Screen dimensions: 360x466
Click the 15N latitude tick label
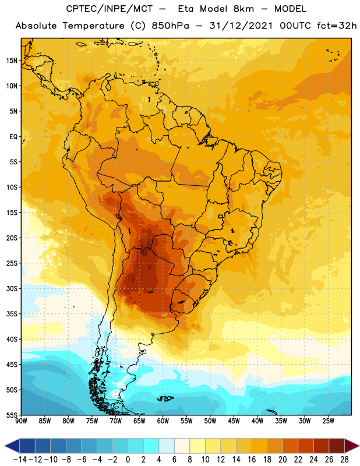pos(12,61)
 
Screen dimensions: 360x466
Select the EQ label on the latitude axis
pos(13,137)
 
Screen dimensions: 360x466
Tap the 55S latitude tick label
pos(12,415)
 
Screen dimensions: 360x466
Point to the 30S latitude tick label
pos(12,288)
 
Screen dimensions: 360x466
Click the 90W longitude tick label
pos(22,421)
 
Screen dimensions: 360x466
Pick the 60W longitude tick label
pos(163,421)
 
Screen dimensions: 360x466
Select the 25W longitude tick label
pos(328,421)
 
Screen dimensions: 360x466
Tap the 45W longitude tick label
pos(234,421)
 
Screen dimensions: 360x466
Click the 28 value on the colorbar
pos(344,460)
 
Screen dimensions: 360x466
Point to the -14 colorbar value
pos(20,460)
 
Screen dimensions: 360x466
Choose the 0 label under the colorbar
pos(128,460)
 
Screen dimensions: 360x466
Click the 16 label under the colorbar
pos(252,460)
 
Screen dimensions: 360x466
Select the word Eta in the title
pos(185,9)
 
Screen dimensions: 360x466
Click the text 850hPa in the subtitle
pos(170,26)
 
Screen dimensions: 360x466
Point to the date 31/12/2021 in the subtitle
pos(241,26)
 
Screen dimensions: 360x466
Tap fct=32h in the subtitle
pos(337,26)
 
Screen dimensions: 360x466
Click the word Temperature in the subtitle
pos(93,26)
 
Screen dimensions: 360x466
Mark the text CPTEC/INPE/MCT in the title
pos(110,9)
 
